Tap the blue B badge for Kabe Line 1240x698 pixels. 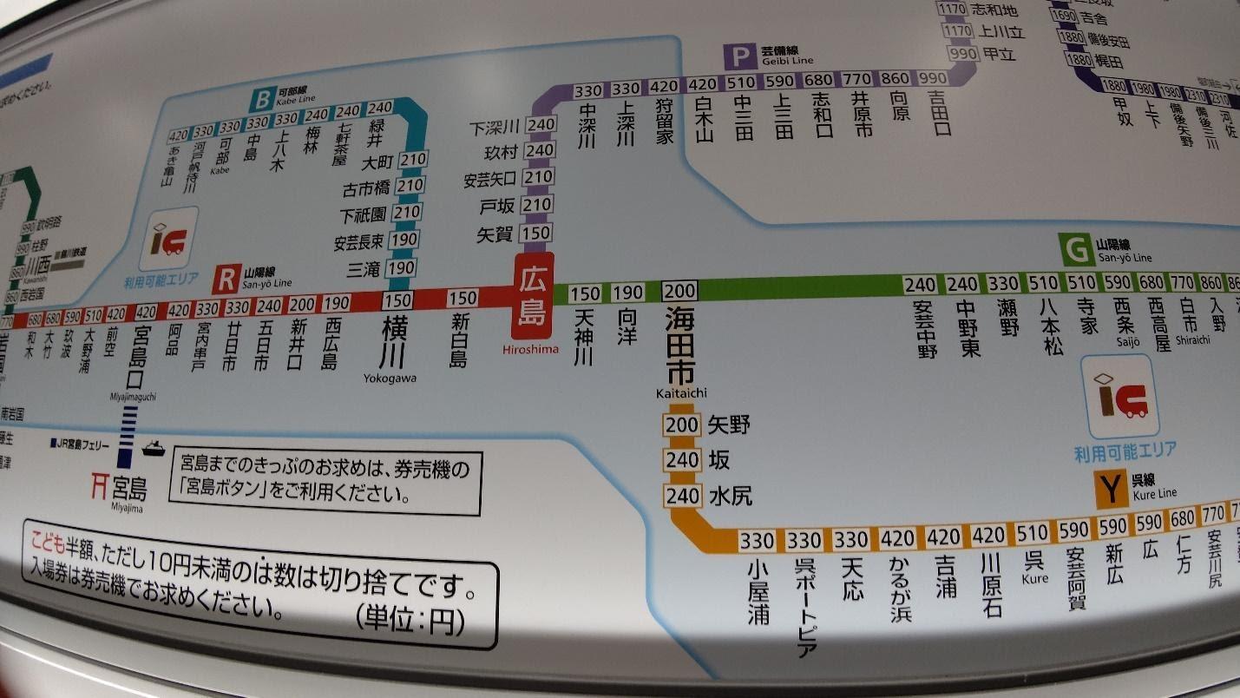(260, 100)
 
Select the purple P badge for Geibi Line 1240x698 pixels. (739, 57)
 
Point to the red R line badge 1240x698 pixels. (226, 279)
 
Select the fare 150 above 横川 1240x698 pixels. (397, 300)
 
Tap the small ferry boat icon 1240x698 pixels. (153, 448)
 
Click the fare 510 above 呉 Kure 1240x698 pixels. (1033, 531)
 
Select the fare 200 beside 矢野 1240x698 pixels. (681, 425)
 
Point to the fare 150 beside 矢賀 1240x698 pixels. (538, 233)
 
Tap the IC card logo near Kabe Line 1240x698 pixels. (167, 237)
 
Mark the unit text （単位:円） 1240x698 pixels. (410, 620)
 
